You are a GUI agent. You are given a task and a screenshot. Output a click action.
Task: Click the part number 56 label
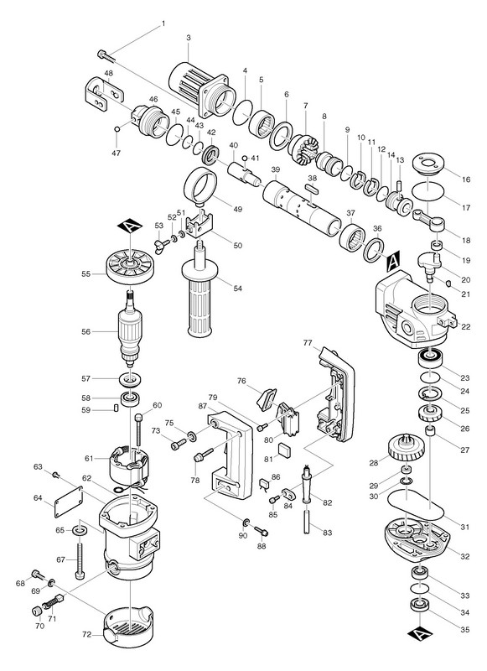pyautogui.click(x=86, y=331)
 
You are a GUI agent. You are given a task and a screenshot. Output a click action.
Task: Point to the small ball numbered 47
pyautogui.click(x=117, y=129)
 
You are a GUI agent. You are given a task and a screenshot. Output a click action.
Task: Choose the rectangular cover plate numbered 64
pyautogui.click(x=68, y=502)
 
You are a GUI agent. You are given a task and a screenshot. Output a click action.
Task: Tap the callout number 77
pyautogui.click(x=308, y=342)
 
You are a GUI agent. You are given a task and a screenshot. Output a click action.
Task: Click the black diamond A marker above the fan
pyautogui.click(x=129, y=226)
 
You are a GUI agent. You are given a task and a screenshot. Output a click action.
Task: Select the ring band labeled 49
pyautogui.click(x=200, y=184)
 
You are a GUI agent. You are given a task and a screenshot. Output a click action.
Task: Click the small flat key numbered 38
pyautogui.click(x=312, y=188)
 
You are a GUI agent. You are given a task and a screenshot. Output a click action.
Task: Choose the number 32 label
pyautogui.click(x=464, y=556)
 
